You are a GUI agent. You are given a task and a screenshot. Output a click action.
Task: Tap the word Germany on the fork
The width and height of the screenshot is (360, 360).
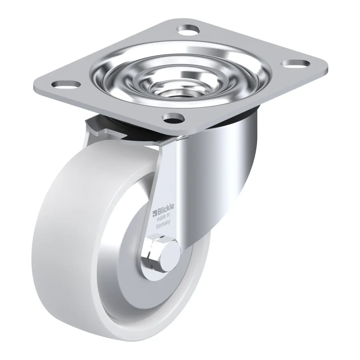point(163,224)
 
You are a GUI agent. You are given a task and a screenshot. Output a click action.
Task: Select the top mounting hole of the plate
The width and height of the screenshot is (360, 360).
point(188,30)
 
